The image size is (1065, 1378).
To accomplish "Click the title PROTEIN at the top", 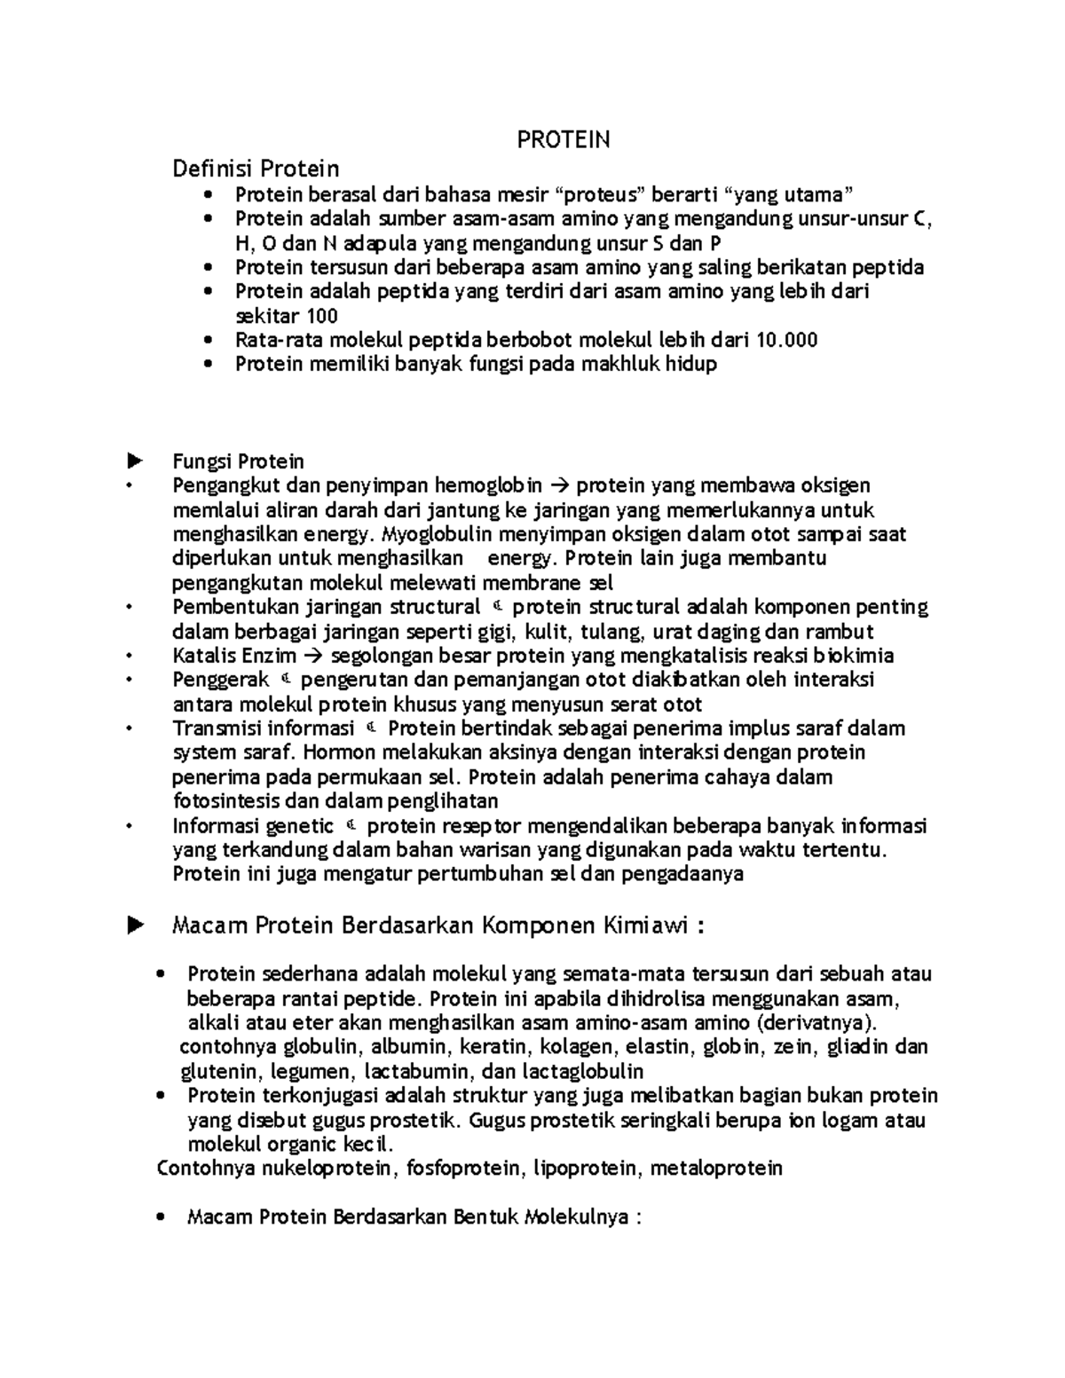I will (x=564, y=139).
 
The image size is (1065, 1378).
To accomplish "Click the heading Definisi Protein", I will (x=256, y=168).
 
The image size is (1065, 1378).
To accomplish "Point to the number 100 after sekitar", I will (x=321, y=316).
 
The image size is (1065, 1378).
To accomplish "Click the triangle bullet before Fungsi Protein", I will (x=135, y=461).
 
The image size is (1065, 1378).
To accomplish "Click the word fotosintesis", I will (x=226, y=801).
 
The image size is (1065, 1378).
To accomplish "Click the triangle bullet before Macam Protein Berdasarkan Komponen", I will (x=135, y=926).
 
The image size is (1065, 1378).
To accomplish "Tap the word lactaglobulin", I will (x=583, y=1071).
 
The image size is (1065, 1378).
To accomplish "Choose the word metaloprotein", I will (x=716, y=1168).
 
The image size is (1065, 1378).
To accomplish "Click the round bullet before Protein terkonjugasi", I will (x=160, y=1096).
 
